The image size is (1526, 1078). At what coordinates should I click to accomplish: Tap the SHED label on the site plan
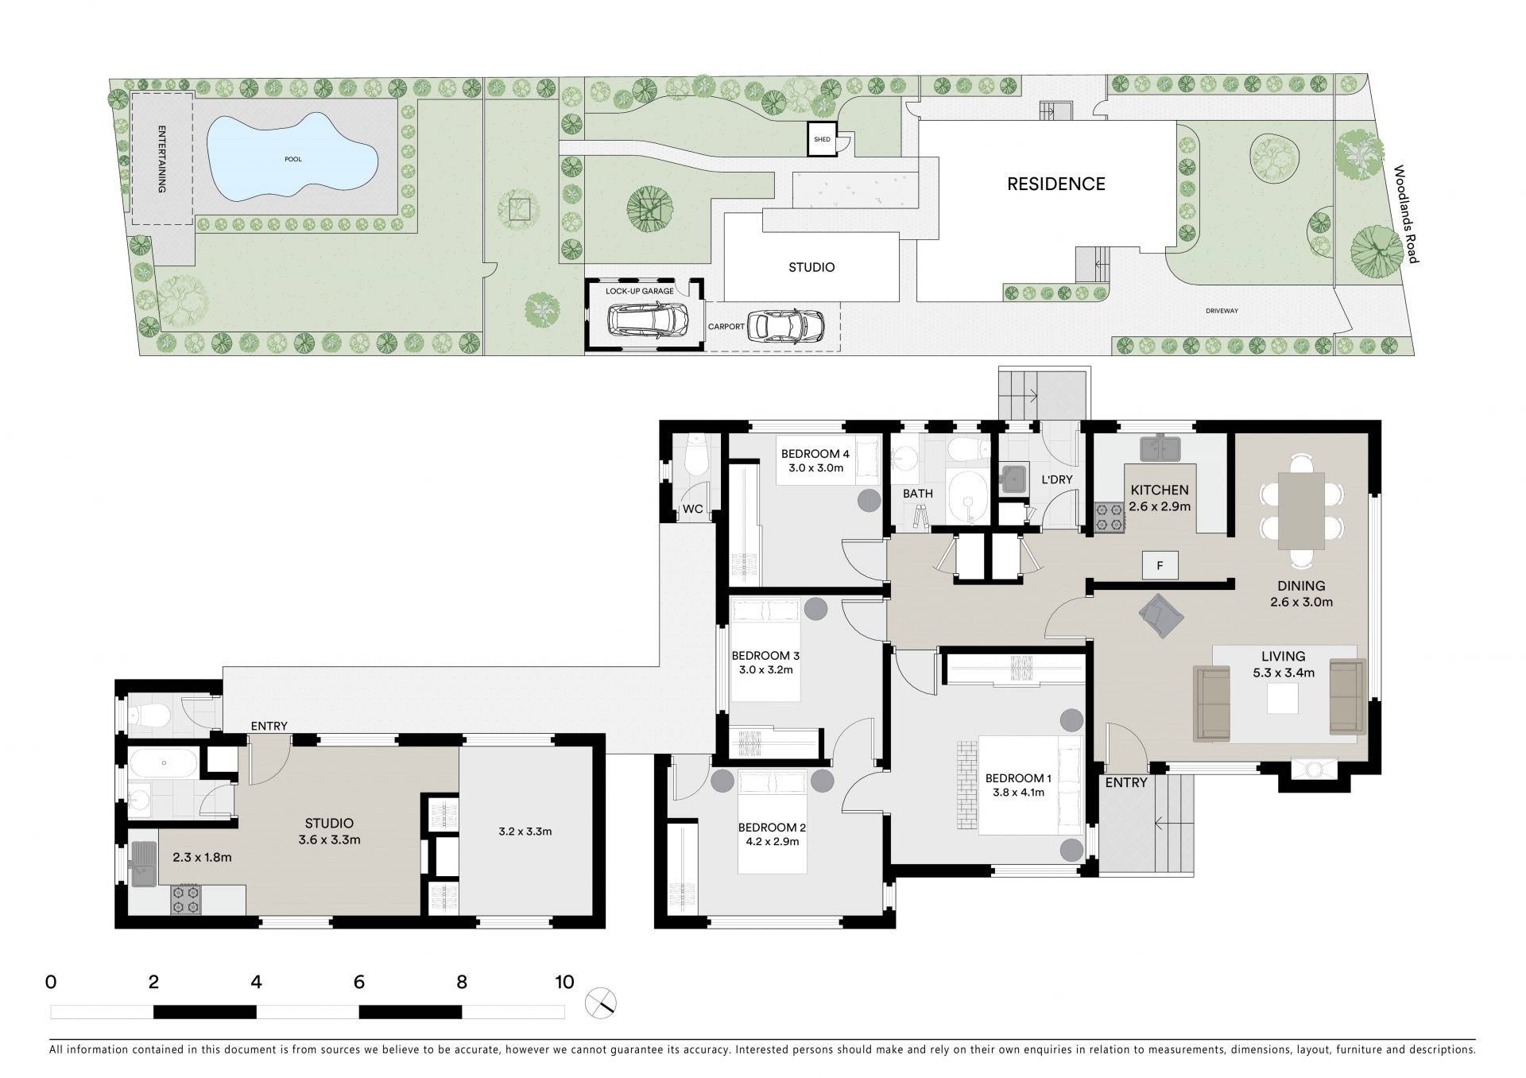click(822, 140)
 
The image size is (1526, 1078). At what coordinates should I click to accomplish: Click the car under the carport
click(786, 325)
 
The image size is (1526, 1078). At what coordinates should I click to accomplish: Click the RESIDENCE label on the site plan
click(1056, 184)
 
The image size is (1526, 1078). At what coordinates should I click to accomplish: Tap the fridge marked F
click(1160, 565)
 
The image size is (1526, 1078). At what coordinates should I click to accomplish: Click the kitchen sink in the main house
click(1161, 448)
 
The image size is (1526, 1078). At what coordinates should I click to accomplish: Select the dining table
click(1301, 510)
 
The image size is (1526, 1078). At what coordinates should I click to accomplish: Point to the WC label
click(693, 509)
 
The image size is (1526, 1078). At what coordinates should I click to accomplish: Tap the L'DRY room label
click(1057, 479)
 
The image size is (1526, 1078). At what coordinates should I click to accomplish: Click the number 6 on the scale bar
click(359, 983)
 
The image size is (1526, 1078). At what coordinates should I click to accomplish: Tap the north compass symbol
click(601, 1003)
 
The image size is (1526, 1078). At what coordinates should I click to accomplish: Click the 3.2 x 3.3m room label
click(525, 832)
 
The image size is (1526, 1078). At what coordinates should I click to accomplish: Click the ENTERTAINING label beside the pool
click(161, 159)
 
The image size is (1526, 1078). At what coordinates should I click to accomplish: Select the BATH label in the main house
click(918, 494)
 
